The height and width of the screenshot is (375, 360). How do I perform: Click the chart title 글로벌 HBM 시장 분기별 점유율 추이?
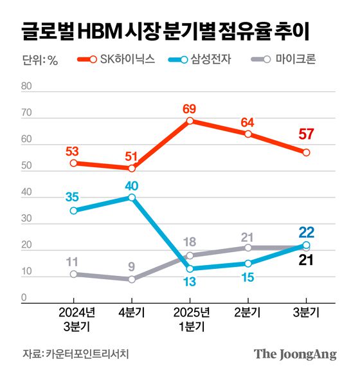point(172,30)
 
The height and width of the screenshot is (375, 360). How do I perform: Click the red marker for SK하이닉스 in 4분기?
point(132,169)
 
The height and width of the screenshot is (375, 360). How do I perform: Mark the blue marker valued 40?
point(132,197)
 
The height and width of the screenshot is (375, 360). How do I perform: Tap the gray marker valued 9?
point(132,279)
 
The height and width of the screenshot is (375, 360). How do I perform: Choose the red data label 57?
point(306,135)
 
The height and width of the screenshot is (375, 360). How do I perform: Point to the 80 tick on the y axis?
point(27,86)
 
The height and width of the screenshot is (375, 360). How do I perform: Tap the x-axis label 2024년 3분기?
point(73,319)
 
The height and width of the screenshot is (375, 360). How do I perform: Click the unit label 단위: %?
point(40,60)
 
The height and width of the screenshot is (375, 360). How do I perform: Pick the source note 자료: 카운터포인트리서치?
point(75,354)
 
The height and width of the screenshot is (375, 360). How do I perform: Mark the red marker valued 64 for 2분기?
point(248,134)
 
